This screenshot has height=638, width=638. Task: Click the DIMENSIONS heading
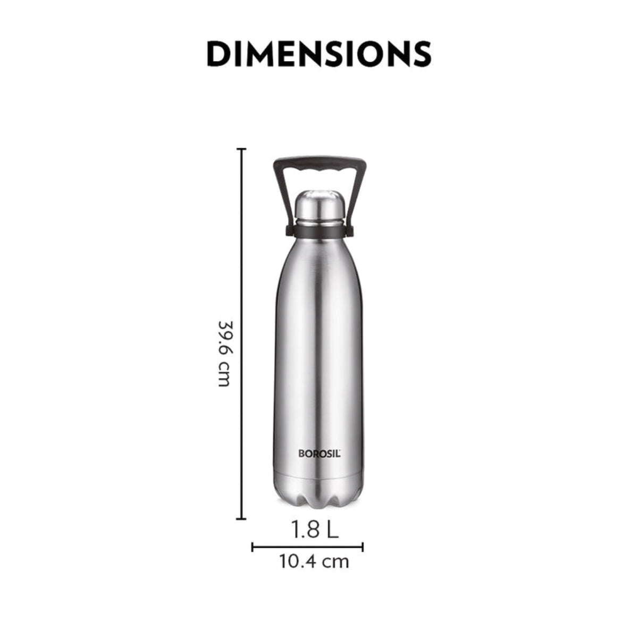point(318,53)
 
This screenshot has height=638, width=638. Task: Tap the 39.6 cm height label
point(225,354)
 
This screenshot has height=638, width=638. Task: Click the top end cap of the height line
point(242,150)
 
